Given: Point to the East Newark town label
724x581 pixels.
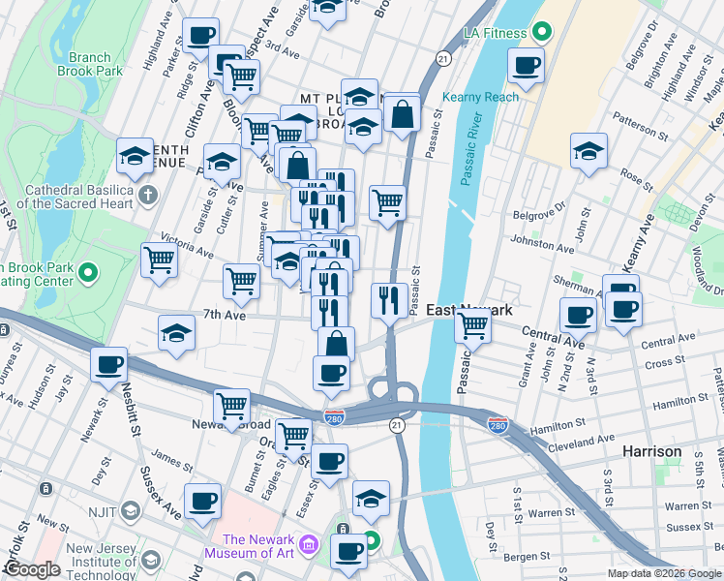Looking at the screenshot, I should coord(468,309).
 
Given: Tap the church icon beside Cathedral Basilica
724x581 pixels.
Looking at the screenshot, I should coord(147,196).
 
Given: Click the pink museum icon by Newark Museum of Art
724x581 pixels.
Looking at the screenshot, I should coord(308,547).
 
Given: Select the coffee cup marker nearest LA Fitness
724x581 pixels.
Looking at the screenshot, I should coord(526,66).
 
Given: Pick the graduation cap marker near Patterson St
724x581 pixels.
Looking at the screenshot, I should coord(588,153).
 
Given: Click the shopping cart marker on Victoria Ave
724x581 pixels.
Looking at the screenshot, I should coord(159,260).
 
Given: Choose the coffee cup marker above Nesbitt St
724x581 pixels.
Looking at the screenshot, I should coord(109,365).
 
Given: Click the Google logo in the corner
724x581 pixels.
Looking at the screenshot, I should coord(32,569).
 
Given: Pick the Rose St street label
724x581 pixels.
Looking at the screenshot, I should coord(638,174).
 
